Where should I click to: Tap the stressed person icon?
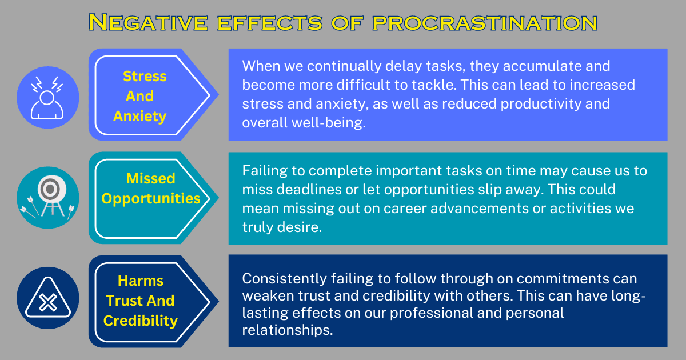point(47,95)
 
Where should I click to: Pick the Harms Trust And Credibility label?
point(141,301)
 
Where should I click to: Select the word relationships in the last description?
point(286,330)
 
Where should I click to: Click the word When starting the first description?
point(260,66)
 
